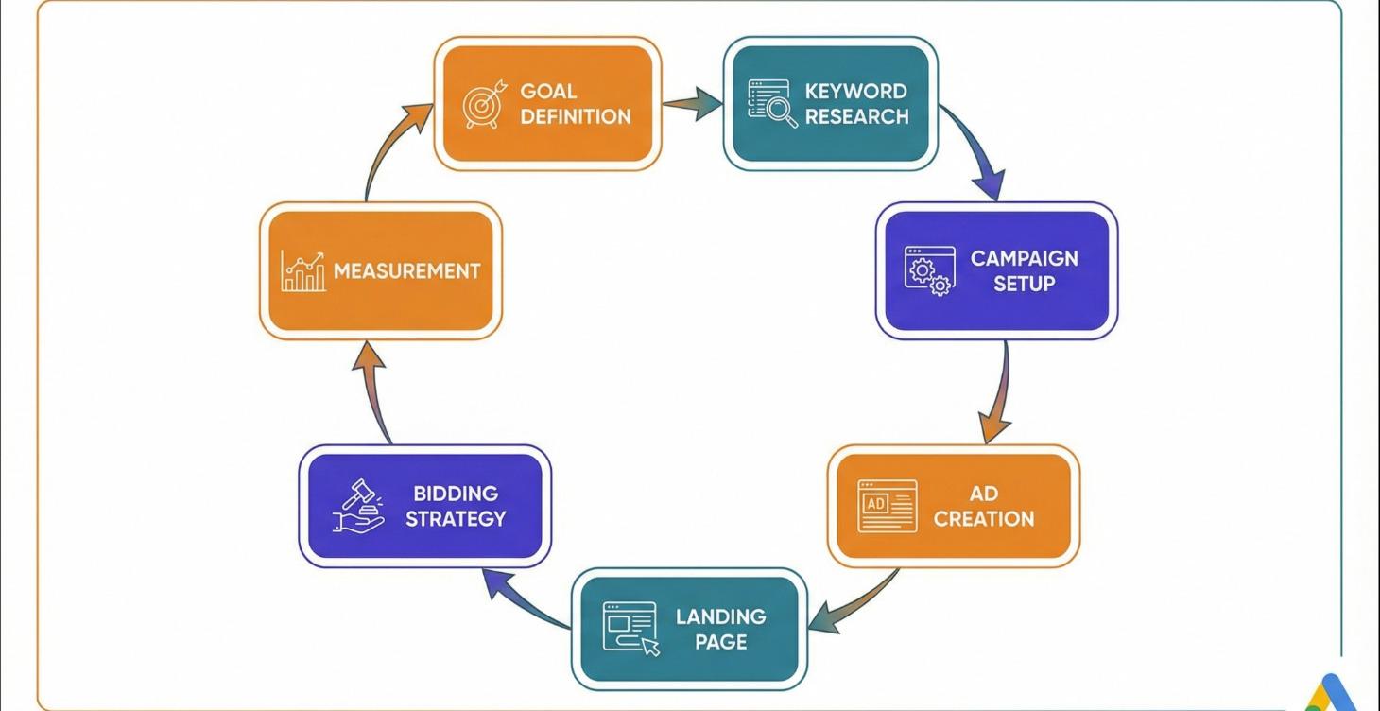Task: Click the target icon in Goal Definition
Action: (484, 104)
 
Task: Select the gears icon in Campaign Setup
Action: (929, 271)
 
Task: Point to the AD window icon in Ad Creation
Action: (887, 506)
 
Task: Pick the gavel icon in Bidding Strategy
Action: (359, 506)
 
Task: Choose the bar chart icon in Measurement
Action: (303, 271)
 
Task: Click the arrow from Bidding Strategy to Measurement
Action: (374, 390)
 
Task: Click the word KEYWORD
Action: (855, 92)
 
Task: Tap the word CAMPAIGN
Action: (1024, 258)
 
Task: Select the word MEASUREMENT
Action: (406, 271)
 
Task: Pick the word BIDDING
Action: (455, 494)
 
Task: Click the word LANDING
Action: (720, 616)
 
